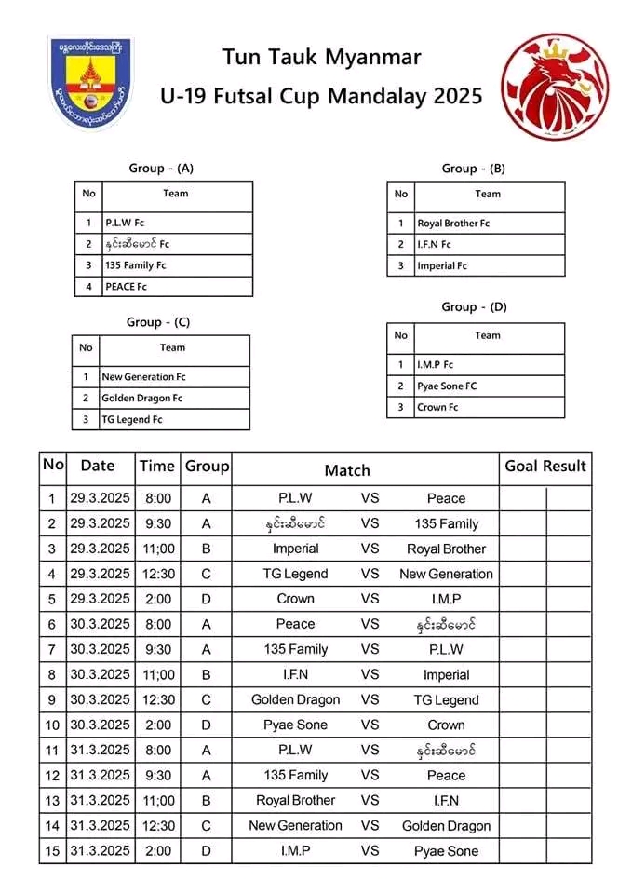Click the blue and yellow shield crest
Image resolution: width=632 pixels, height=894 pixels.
coord(90,84)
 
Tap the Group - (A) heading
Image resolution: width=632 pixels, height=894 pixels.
coord(161,169)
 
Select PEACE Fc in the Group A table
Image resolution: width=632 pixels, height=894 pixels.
coord(127,287)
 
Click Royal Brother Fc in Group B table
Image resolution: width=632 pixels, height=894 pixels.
coord(453,223)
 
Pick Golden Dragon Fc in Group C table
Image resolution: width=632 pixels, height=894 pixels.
coord(141,399)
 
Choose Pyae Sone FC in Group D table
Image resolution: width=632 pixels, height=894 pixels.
coord(448,386)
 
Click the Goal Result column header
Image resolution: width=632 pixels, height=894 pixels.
coord(545,467)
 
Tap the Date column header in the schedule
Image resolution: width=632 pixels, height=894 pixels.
coord(98,467)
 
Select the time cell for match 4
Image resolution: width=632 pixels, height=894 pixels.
coord(156,574)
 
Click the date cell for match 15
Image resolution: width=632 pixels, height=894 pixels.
coord(98,850)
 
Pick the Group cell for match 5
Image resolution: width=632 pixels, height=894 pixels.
coord(206,599)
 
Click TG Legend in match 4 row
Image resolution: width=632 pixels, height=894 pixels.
coord(295,574)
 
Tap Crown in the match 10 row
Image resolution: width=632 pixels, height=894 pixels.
coord(446,725)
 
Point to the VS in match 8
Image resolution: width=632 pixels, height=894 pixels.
coord(370,674)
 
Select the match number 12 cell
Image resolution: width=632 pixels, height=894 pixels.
coord(52,775)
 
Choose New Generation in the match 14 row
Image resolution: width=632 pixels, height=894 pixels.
coord(295,825)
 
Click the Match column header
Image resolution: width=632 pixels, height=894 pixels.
coord(347,470)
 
